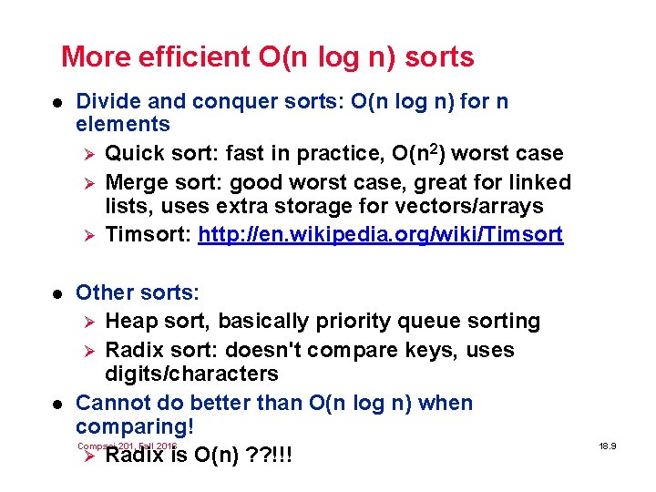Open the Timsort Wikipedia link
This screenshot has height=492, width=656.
click(x=381, y=235)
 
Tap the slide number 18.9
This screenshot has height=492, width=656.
click(x=609, y=446)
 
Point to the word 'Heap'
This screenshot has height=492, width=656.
click(x=131, y=321)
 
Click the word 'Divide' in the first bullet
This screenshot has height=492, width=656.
click(x=107, y=100)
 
